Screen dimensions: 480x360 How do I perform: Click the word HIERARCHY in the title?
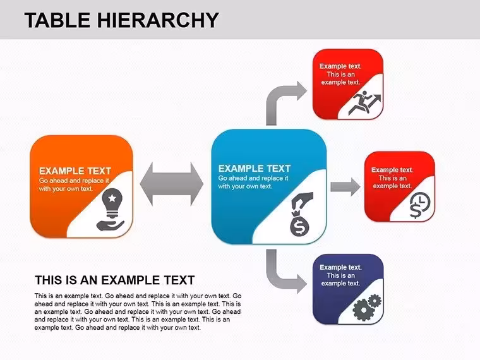point(158,20)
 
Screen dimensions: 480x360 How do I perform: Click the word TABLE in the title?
point(57,20)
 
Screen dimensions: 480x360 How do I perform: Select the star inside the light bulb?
point(112,198)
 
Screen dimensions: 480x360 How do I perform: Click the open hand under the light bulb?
point(110,225)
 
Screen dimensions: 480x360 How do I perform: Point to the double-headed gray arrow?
point(171,184)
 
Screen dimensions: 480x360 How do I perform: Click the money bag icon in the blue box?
point(300,224)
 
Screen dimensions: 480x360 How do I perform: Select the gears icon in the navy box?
point(367,308)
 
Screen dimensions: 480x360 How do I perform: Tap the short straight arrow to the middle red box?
point(345,187)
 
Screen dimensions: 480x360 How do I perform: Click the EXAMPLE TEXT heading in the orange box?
point(75,171)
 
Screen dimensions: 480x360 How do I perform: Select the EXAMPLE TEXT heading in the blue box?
point(255,169)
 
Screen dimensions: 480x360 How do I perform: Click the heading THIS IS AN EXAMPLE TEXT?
point(115,280)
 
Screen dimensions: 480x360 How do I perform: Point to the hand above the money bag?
point(302,200)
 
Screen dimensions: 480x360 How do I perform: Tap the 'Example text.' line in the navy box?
point(340,267)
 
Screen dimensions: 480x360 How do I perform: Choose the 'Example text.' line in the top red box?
point(340,66)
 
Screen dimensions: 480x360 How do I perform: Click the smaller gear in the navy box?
point(375,301)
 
